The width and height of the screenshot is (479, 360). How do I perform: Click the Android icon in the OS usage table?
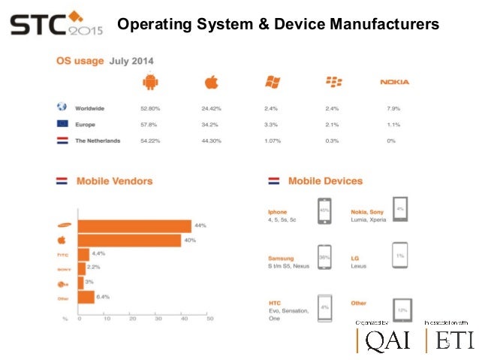151,82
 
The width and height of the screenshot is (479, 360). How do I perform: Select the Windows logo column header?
272,82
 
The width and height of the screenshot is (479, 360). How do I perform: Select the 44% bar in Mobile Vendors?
134,225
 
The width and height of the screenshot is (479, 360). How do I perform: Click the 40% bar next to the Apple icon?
128,241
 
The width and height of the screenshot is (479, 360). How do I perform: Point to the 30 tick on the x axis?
158,319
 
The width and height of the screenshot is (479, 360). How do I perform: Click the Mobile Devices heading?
325,181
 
